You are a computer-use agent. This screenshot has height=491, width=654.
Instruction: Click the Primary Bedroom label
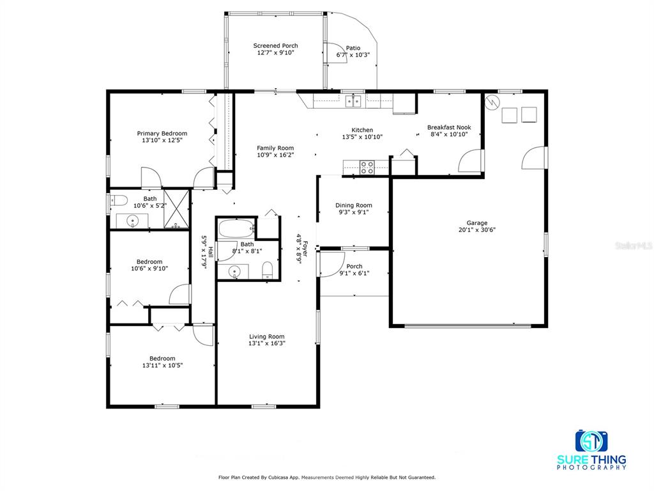pyautogui.click(x=162, y=134)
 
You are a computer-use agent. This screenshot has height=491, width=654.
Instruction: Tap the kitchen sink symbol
pyautogui.click(x=353, y=100)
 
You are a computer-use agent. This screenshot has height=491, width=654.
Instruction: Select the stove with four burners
pyautogui.click(x=367, y=168)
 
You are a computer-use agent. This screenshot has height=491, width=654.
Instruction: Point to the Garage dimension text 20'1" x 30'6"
pyautogui.click(x=476, y=230)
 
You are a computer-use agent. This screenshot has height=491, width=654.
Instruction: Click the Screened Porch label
pyautogui.click(x=276, y=45)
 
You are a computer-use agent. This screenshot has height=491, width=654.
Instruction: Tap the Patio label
pyautogui.click(x=353, y=48)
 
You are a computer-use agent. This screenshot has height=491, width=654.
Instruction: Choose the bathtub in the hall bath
pyautogui.click(x=236, y=228)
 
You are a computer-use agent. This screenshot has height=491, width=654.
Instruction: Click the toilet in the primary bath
pyautogui.click(x=118, y=201)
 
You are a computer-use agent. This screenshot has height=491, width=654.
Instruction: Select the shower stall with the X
pyautogui.click(x=176, y=209)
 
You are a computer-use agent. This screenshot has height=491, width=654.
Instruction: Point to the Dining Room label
pyautogui.click(x=354, y=205)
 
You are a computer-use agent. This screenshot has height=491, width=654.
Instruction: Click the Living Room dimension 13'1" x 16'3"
pyautogui.click(x=267, y=343)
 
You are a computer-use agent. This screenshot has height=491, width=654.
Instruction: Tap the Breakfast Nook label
pyautogui.click(x=449, y=127)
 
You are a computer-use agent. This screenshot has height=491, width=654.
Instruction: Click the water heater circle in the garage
pyautogui.click(x=492, y=102)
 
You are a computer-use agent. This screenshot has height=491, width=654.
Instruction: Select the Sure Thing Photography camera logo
pyautogui.click(x=591, y=441)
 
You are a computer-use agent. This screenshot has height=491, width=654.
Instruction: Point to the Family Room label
pyautogui.click(x=275, y=148)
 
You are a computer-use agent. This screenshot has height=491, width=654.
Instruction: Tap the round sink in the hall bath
pyautogui.click(x=235, y=271)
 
